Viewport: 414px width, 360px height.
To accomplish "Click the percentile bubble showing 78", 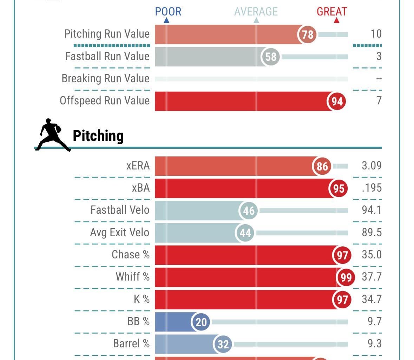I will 307,34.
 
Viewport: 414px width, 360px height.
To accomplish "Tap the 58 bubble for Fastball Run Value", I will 271,57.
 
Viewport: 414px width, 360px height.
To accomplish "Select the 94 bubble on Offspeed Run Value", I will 337,101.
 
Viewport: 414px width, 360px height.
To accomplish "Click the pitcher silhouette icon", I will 53,135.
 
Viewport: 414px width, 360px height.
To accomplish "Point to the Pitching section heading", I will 98,136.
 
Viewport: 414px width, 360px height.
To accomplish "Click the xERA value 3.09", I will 372,166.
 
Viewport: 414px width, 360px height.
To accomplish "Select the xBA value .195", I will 372,188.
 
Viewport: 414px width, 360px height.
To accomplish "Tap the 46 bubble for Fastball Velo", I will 249,211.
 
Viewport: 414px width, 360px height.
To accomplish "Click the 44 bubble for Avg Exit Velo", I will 245,233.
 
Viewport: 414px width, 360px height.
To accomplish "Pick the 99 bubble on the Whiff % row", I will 346,277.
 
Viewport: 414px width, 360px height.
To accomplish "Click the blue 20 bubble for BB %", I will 201,322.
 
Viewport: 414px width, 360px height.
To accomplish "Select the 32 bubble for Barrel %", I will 223,344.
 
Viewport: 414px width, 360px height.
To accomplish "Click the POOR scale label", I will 168,12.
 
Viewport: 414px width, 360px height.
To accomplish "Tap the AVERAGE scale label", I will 256,12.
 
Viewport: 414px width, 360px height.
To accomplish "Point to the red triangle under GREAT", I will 336,20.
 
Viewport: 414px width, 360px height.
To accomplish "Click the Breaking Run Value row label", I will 105,78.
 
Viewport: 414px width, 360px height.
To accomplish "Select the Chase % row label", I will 130,255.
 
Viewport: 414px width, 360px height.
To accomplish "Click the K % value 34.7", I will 372,299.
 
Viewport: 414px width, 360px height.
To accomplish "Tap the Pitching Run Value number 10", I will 376,34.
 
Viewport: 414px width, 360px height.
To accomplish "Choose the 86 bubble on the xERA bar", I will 322,166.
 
